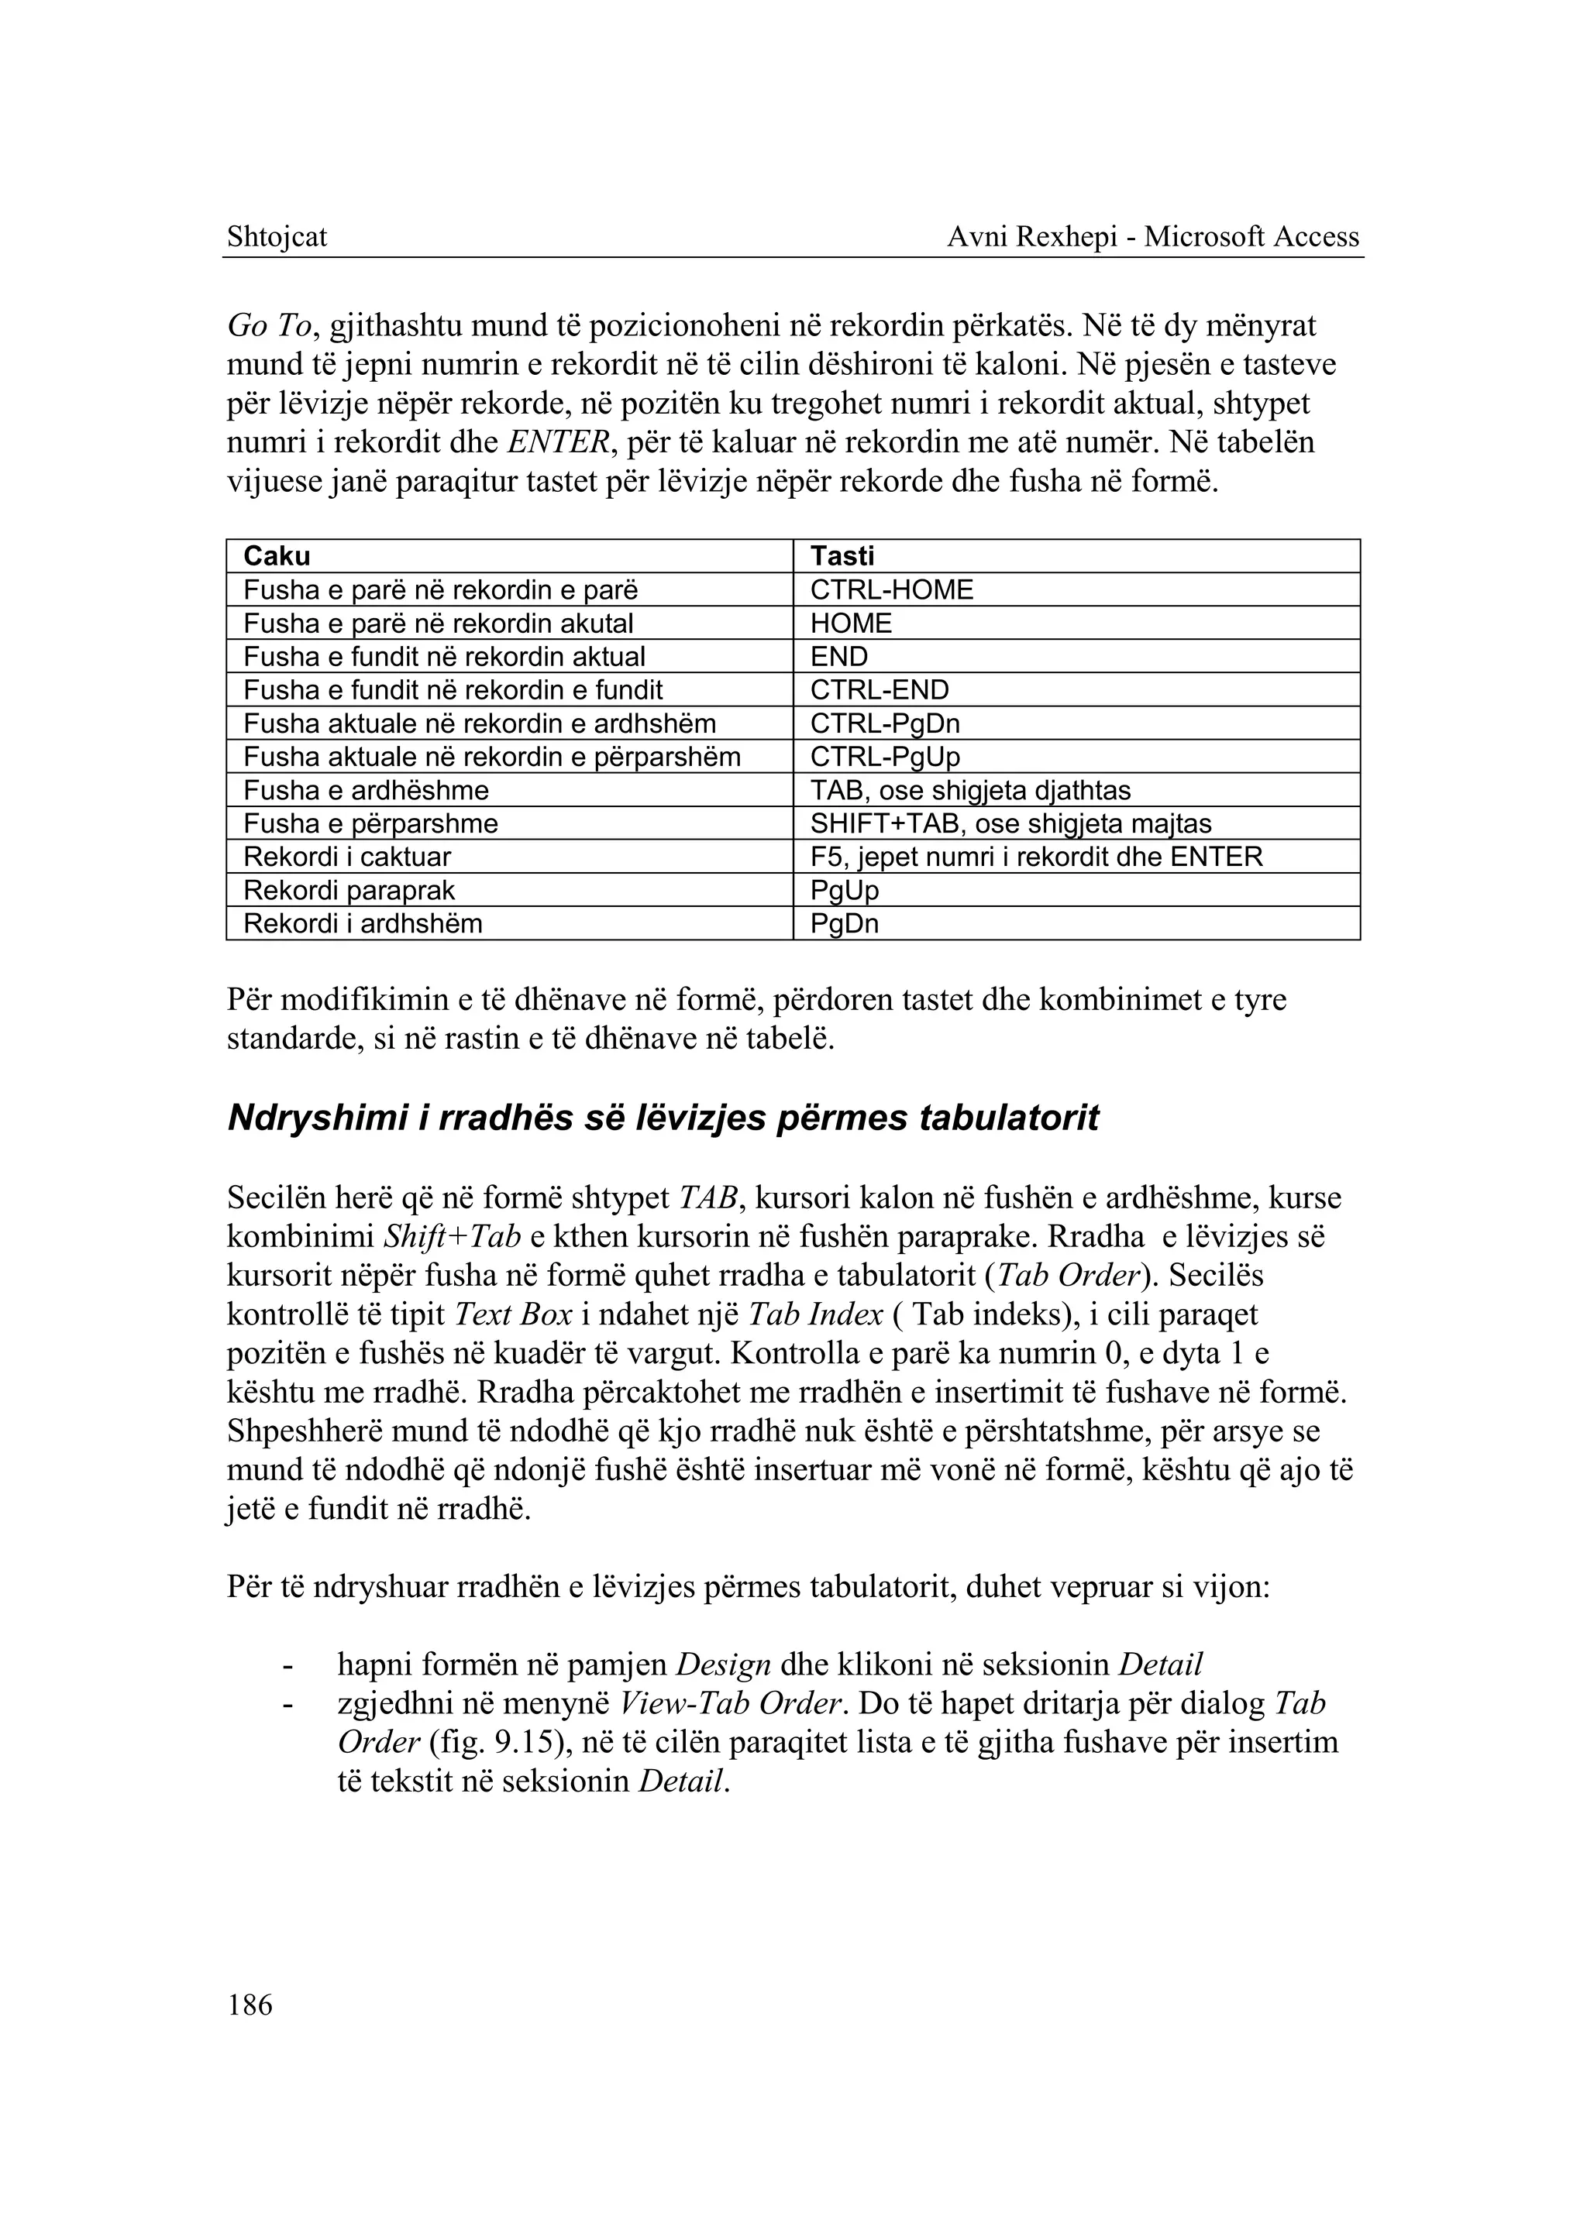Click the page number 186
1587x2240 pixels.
point(250,2005)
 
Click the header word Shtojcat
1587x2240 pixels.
point(277,236)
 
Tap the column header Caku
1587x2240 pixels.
point(277,556)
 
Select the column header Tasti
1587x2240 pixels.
point(842,556)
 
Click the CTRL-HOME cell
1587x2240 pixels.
point(891,590)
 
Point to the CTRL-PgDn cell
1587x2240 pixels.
point(884,724)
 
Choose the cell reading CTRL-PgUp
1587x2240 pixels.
point(884,757)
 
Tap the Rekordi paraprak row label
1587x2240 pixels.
point(349,890)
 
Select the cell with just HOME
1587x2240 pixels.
point(850,624)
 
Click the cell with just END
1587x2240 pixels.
point(838,657)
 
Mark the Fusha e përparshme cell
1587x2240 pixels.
point(370,823)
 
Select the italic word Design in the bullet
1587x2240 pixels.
point(724,1665)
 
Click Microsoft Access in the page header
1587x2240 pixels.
point(1251,236)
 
